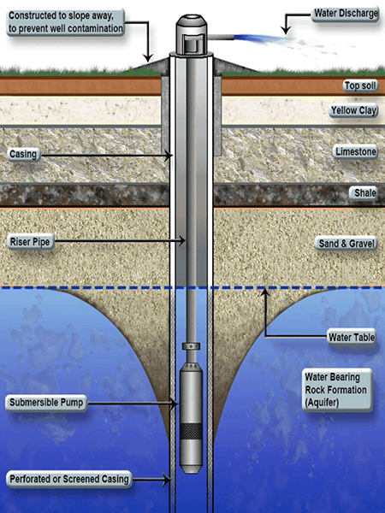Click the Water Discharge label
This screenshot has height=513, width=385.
click(x=345, y=14)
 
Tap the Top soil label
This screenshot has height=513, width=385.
click(x=361, y=85)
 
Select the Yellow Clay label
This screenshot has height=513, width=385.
click(x=353, y=111)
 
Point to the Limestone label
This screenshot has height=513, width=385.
click(x=356, y=152)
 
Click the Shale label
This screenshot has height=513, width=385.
click(x=364, y=193)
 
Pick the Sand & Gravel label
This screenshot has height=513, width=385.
click(x=346, y=244)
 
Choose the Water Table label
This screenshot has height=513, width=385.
click(x=352, y=337)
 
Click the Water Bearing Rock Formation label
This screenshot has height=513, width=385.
click(x=337, y=390)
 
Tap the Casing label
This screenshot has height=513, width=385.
click(x=23, y=154)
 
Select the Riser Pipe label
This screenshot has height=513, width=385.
click(x=30, y=242)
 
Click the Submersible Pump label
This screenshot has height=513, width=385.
click(x=46, y=403)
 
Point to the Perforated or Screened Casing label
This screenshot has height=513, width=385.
click(x=69, y=480)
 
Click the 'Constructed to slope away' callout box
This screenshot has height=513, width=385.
click(x=66, y=22)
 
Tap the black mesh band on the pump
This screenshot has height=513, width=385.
click(x=191, y=431)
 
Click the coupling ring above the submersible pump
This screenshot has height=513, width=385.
click(x=191, y=346)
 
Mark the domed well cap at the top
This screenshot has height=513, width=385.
click(x=192, y=34)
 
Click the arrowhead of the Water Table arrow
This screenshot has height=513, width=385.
click(x=265, y=292)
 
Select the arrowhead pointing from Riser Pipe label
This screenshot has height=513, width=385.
click(x=181, y=241)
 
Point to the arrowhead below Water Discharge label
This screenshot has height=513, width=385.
click(x=286, y=30)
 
